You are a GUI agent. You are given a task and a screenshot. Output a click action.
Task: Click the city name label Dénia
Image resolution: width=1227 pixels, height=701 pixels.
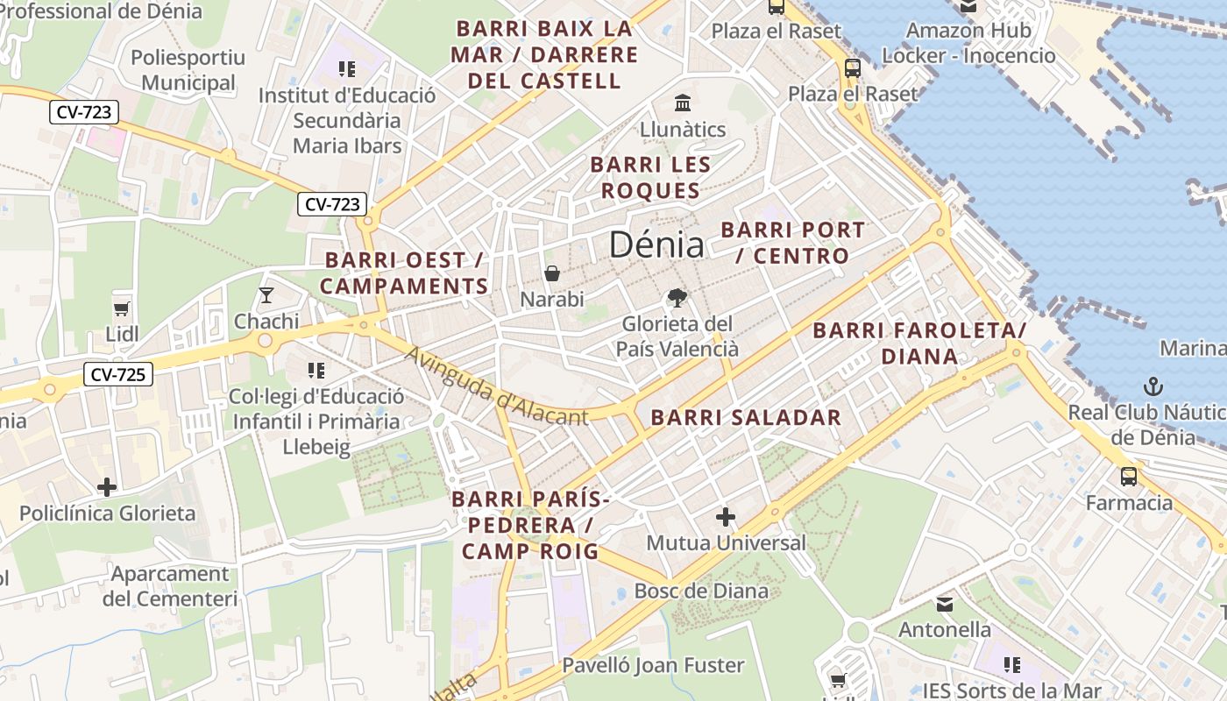point(656,244)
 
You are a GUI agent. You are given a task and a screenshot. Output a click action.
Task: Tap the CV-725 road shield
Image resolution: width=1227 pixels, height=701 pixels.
point(118,375)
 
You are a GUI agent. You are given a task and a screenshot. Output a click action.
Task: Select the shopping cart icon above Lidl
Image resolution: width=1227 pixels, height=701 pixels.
point(122,308)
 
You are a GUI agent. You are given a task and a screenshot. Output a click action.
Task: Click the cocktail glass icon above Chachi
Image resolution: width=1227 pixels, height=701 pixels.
point(266,295)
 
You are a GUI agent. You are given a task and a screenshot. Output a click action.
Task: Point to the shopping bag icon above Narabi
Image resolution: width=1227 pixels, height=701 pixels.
point(552,273)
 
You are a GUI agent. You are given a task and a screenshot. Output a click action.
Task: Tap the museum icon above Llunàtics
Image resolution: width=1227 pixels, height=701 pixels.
point(683,103)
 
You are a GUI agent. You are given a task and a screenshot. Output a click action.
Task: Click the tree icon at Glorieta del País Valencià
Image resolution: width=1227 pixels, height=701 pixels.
point(677,298)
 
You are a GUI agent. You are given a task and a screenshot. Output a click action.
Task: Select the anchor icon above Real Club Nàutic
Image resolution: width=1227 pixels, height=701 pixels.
point(1154,386)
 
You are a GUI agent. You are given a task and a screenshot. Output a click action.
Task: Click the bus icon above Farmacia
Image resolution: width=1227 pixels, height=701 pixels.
point(1129,477)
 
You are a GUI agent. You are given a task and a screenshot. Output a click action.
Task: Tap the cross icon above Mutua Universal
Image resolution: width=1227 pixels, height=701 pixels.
point(726,517)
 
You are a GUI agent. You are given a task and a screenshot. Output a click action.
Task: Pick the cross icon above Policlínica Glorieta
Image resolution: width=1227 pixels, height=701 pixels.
point(107,486)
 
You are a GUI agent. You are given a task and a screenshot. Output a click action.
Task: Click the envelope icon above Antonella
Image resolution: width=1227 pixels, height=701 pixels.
point(945,604)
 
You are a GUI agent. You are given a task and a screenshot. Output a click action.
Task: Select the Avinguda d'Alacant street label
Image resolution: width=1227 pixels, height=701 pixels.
point(496,386)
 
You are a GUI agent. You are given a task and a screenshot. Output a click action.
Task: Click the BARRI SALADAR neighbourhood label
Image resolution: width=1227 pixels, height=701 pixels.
point(746,418)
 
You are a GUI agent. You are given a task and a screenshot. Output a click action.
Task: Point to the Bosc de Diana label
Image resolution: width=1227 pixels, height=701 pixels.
point(701,591)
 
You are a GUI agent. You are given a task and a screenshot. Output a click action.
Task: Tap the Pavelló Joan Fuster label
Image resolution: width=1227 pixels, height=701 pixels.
point(653,665)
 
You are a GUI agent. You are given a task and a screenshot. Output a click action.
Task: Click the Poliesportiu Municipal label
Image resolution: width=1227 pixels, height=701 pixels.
point(188,70)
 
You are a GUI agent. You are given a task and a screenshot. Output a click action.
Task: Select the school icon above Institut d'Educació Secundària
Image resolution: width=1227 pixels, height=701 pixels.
point(347,68)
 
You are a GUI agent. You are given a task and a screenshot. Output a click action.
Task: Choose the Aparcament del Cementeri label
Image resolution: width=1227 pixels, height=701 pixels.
point(170,586)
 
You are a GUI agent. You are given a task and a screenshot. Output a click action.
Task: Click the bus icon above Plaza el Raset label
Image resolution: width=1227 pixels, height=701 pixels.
point(853,67)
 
